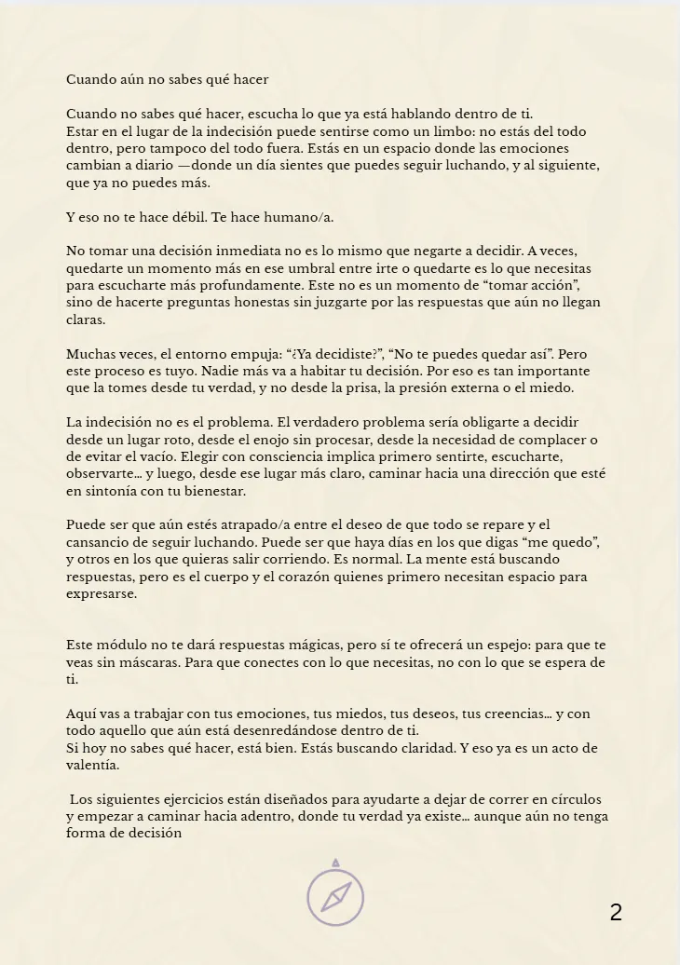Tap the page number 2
pos(616,913)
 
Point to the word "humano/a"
pos(302,217)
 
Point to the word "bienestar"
pos(213,491)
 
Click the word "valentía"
pos(92,765)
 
